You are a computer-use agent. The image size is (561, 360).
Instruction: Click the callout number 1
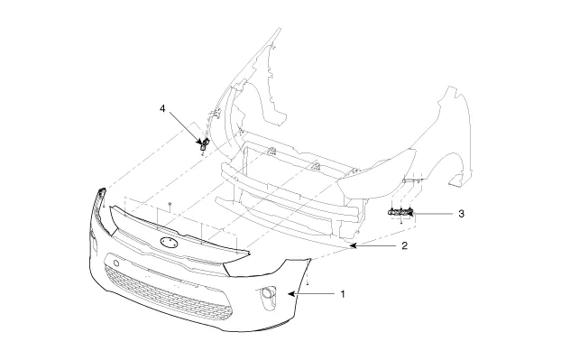tap(343, 294)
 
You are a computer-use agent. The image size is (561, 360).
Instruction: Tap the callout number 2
tap(404, 245)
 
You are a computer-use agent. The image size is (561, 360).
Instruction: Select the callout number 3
tap(461, 214)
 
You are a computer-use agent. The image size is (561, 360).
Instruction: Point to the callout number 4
tap(162, 108)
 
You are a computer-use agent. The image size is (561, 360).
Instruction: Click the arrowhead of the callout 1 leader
tap(291, 294)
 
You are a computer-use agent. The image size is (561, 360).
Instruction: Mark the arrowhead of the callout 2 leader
tap(354, 245)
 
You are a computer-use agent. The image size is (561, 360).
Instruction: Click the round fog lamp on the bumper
tap(267, 293)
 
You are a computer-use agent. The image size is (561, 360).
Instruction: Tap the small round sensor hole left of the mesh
tap(116, 263)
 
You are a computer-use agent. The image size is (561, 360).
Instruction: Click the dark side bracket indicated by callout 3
tap(400, 213)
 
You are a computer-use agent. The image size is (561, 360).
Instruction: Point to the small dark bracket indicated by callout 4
tap(205, 143)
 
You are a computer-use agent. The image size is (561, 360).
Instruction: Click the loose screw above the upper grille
tap(170, 204)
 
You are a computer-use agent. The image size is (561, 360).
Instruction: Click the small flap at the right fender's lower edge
tap(456, 180)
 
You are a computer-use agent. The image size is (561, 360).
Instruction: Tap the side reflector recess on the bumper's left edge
tap(95, 243)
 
